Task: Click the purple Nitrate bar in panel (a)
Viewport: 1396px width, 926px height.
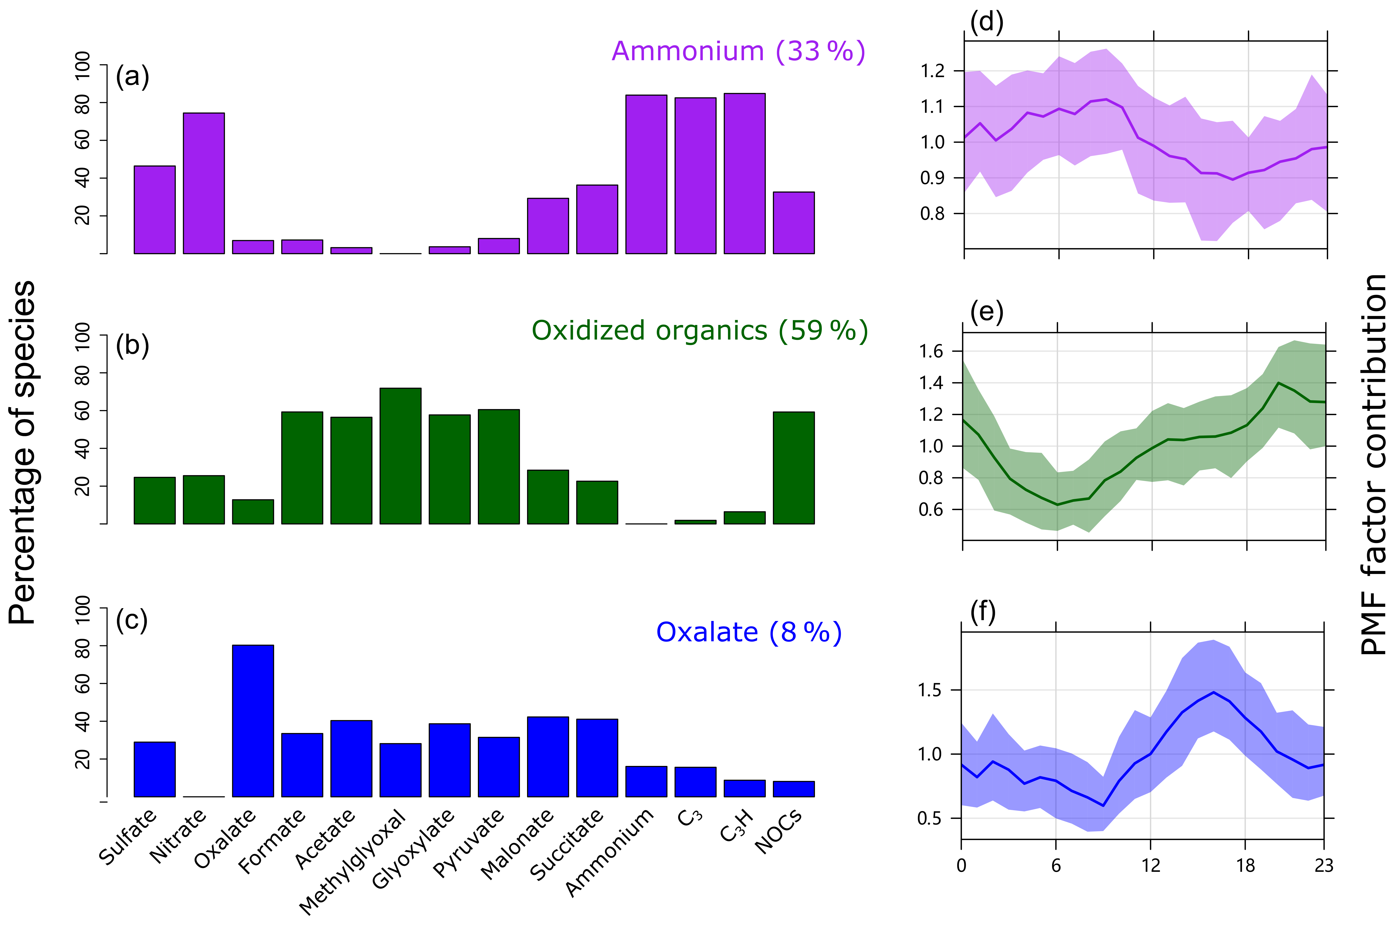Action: click(x=204, y=183)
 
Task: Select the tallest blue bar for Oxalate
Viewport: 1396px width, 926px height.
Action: click(x=253, y=721)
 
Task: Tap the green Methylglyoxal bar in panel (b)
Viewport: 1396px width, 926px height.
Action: click(x=400, y=456)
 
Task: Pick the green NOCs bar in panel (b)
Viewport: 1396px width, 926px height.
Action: click(x=794, y=468)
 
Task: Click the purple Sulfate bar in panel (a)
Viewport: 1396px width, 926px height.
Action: click(x=155, y=210)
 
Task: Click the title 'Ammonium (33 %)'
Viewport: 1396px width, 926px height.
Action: click(x=738, y=51)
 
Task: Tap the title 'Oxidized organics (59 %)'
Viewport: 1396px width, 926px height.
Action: click(x=700, y=331)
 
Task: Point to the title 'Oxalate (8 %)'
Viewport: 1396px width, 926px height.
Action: click(x=749, y=633)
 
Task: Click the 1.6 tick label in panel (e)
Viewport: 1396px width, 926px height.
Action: click(x=931, y=351)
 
